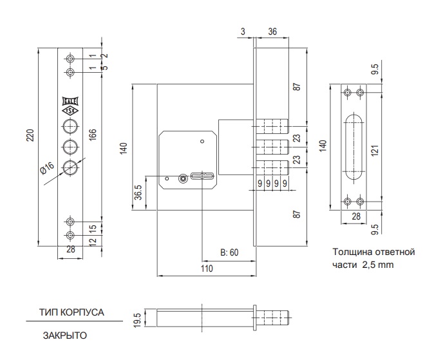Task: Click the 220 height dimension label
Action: (x=30, y=135)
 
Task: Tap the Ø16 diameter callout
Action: (x=47, y=169)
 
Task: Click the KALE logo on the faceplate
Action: (x=70, y=101)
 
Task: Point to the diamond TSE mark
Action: (x=70, y=111)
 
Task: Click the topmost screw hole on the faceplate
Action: (x=70, y=59)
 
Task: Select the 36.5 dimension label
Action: (x=138, y=193)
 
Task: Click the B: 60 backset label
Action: (x=229, y=252)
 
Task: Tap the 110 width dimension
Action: (x=207, y=269)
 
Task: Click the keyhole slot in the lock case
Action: (x=203, y=176)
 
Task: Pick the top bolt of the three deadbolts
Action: (x=272, y=127)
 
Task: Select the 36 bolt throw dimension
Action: (x=272, y=32)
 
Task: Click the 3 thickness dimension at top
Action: (x=243, y=32)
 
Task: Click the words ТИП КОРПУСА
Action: (x=71, y=312)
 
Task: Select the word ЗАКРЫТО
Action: (x=64, y=336)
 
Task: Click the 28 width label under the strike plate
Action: (x=356, y=216)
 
